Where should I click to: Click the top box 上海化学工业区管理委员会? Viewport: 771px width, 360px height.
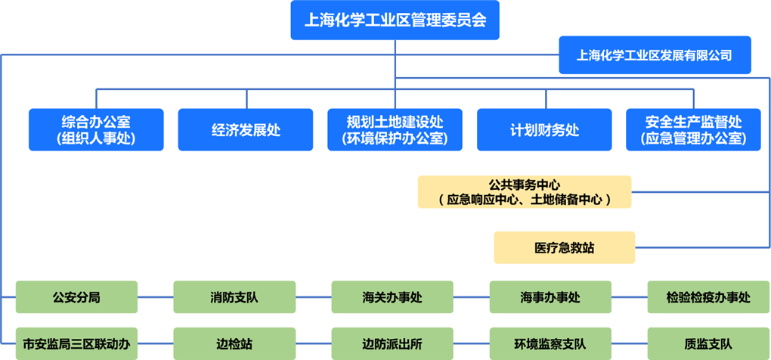click(395, 20)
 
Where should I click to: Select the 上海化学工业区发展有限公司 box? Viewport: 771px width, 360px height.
click(655, 55)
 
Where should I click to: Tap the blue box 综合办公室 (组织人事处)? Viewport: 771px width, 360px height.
click(96, 130)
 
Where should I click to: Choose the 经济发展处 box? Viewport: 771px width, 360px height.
click(246, 130)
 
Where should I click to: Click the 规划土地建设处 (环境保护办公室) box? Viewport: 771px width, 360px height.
click(395, 130)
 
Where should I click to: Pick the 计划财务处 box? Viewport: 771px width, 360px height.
click(544, 130)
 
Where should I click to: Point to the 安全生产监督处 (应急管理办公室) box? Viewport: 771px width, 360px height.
click(693, 130)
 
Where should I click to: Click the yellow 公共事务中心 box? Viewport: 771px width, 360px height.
click(525, 192)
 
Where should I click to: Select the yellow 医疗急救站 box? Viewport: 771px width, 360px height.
click(564, 248)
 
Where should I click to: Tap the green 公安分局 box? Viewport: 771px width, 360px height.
click(76, 297)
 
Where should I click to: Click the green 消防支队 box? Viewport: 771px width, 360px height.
click(234, 297)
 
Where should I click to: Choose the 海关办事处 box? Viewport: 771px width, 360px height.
click(392, 297)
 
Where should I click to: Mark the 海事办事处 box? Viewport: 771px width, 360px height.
click(550, 297)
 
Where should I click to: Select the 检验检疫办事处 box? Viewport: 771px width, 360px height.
click(708, 297)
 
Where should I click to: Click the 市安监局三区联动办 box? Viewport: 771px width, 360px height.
click(76, 344)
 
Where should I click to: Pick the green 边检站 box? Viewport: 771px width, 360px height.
click(234, 344)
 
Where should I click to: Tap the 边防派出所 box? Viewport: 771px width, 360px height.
click(392, 344)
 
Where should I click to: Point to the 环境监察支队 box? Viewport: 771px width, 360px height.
click(550, 344)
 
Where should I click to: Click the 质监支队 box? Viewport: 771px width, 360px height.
click(708, 344)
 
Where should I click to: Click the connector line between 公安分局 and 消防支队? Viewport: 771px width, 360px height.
click(156, 297)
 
